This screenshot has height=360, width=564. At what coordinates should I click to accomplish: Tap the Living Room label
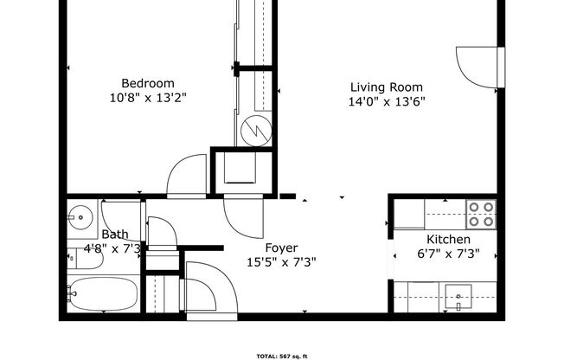tap(386, 87)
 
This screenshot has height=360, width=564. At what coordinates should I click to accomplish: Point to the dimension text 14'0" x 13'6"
tap(386, 100)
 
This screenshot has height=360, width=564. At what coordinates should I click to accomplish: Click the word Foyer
tap(281, 248)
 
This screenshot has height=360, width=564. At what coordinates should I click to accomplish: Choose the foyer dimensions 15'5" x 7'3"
tap(281, 262)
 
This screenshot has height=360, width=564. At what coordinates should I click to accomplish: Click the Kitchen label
tap(448, 240)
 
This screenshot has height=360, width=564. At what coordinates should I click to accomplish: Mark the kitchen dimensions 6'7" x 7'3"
tap(448, 254)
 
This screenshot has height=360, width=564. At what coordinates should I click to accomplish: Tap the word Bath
tap(115, 235)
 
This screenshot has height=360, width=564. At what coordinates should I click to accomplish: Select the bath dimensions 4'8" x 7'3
tap(112, 249)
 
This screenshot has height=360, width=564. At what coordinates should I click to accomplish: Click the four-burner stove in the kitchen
tap(480, 214)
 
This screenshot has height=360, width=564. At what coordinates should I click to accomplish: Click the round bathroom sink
tap(82, 216)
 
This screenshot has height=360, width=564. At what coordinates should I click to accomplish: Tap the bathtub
tap(102, 295)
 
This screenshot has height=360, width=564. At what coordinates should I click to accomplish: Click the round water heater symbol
tap(256, 131)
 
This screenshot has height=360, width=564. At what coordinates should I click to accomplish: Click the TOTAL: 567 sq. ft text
tap(281, 356)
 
